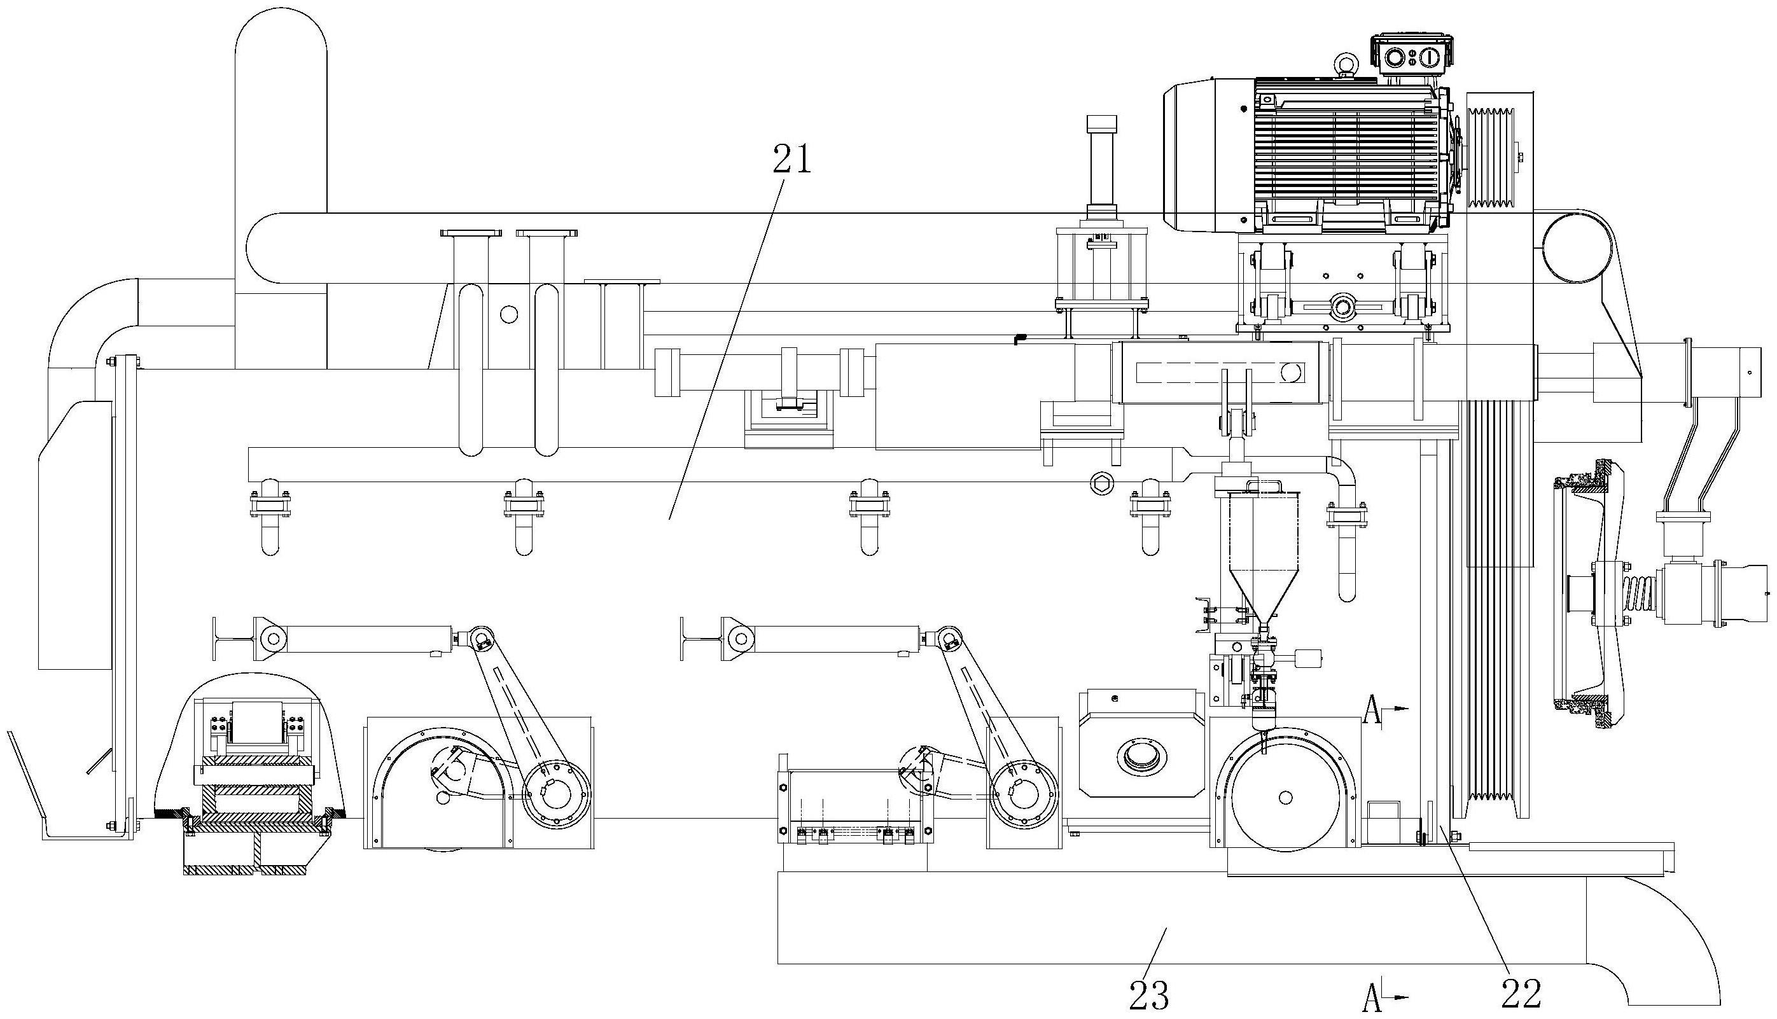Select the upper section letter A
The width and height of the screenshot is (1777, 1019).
[1372, 713]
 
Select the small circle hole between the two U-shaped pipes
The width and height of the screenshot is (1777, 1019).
[510, 315]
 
